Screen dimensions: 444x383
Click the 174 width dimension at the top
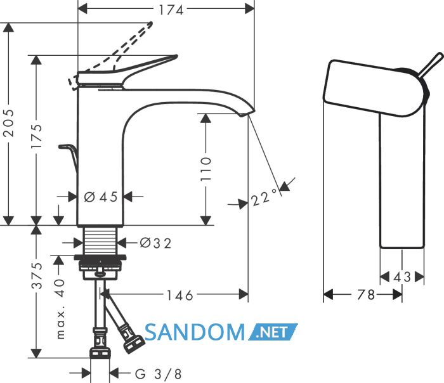tap(171, 10)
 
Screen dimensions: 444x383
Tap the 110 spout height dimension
tap(206, 169)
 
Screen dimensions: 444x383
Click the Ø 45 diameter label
tap(101, 197)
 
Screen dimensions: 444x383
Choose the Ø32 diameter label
tap(156, 243)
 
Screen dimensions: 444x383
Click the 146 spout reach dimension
tap(180, 295)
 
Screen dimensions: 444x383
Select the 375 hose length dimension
tap(37, 275)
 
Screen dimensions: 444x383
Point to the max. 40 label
tap(60, 308)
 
